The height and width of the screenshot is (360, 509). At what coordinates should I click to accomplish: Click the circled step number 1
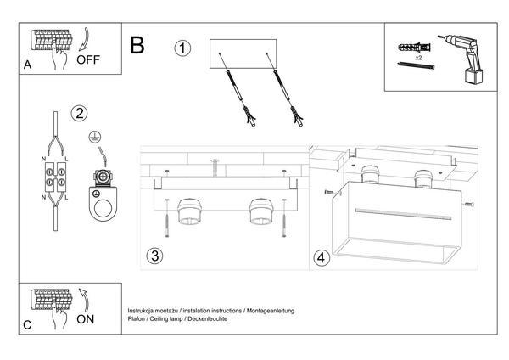pyautogui.click(x=182, y=48)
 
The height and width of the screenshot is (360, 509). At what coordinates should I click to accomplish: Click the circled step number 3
pyautogui.click(x=154, y=256)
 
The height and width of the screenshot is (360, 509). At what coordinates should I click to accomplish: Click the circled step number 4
pyautogui.click(x=321, y=257)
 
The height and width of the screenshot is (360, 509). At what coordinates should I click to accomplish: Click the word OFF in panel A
pyautogui.click(x=89, y=60)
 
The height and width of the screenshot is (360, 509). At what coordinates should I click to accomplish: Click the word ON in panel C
pyautogui.click(x=86, y=320)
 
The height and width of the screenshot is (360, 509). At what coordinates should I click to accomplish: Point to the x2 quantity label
pyautogui.click(x=418, y=59)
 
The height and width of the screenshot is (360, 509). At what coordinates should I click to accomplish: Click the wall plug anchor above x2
pyautogui.click(x=413, y=47)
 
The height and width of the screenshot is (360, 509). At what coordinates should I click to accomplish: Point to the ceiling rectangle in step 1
pyautogui.click(x=243, y=53)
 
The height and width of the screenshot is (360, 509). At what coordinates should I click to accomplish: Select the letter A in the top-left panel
pyautogui.click(x=27, y=64)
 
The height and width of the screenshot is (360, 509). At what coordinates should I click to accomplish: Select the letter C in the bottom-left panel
pyautogui.click(x=27, y=324)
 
